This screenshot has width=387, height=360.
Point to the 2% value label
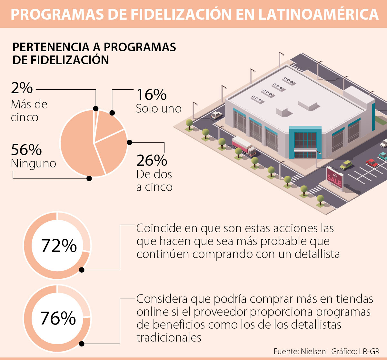coord(22,88)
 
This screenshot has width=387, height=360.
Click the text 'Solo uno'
coord(159,109)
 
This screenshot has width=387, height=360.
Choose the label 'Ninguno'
coord(34,164)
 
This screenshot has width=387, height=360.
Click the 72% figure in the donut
coord(59,246)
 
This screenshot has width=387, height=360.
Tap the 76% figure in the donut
coord(58,318)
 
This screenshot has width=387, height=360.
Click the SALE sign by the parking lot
coord(334,177)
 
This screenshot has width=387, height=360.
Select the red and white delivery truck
coord(244,146)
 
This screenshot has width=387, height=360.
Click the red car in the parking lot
coord(372,163)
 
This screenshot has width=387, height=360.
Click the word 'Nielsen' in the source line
coord(313,351)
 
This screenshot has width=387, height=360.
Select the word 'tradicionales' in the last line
coord(169,338)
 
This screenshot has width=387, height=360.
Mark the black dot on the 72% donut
coord(82,270)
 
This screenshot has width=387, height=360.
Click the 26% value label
coord(152,160)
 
